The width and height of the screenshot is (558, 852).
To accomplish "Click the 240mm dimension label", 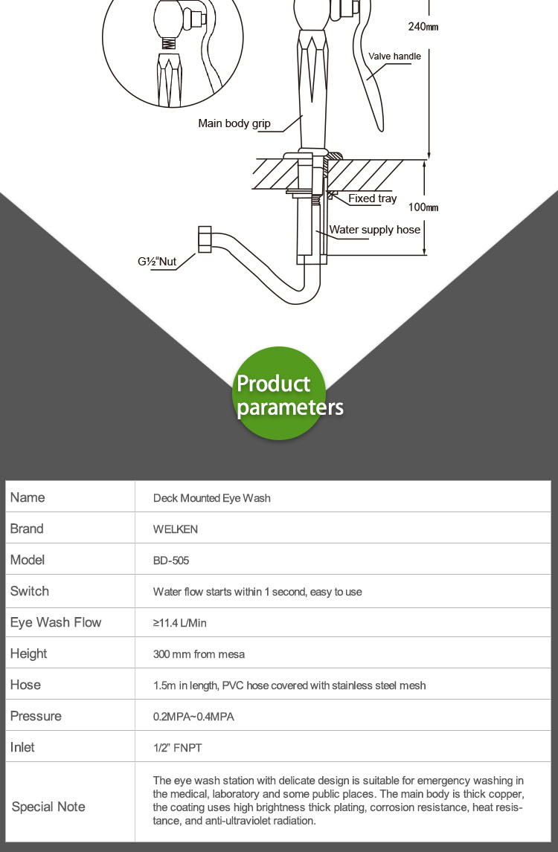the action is click(423, 26).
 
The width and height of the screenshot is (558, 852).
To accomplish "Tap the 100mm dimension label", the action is click(423, 207).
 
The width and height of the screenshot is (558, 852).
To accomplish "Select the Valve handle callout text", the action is click(394, 56).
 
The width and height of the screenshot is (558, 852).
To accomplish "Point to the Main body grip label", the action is click(234, 123).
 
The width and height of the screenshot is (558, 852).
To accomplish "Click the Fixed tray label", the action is click(373, 199).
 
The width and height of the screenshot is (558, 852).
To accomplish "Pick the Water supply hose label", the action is click(375, 229).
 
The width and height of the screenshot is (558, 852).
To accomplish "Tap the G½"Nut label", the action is click(157, 262).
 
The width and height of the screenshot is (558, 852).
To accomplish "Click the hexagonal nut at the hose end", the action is click(205, 239).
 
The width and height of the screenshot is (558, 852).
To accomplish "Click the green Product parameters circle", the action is click(280, 393).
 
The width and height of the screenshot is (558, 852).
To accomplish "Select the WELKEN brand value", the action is click(175, 529).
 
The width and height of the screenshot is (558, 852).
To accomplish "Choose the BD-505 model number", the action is click(171, 561).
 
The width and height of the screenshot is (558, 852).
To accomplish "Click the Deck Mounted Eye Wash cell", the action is click(211, 497).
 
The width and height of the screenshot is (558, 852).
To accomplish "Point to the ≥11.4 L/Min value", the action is click(179, 623).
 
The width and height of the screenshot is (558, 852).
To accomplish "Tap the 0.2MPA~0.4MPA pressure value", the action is click(193, 717).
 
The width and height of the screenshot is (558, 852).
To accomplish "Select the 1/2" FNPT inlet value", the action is click(177, 748).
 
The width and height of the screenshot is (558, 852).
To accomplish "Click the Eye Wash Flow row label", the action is click(56, 623).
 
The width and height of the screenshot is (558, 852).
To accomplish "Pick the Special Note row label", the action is click(48, 807).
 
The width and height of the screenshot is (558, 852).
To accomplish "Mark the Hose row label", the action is click(25, 685).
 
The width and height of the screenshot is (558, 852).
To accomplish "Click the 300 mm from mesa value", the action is click(199, 654).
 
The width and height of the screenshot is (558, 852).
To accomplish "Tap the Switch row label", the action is click(29, 591).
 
